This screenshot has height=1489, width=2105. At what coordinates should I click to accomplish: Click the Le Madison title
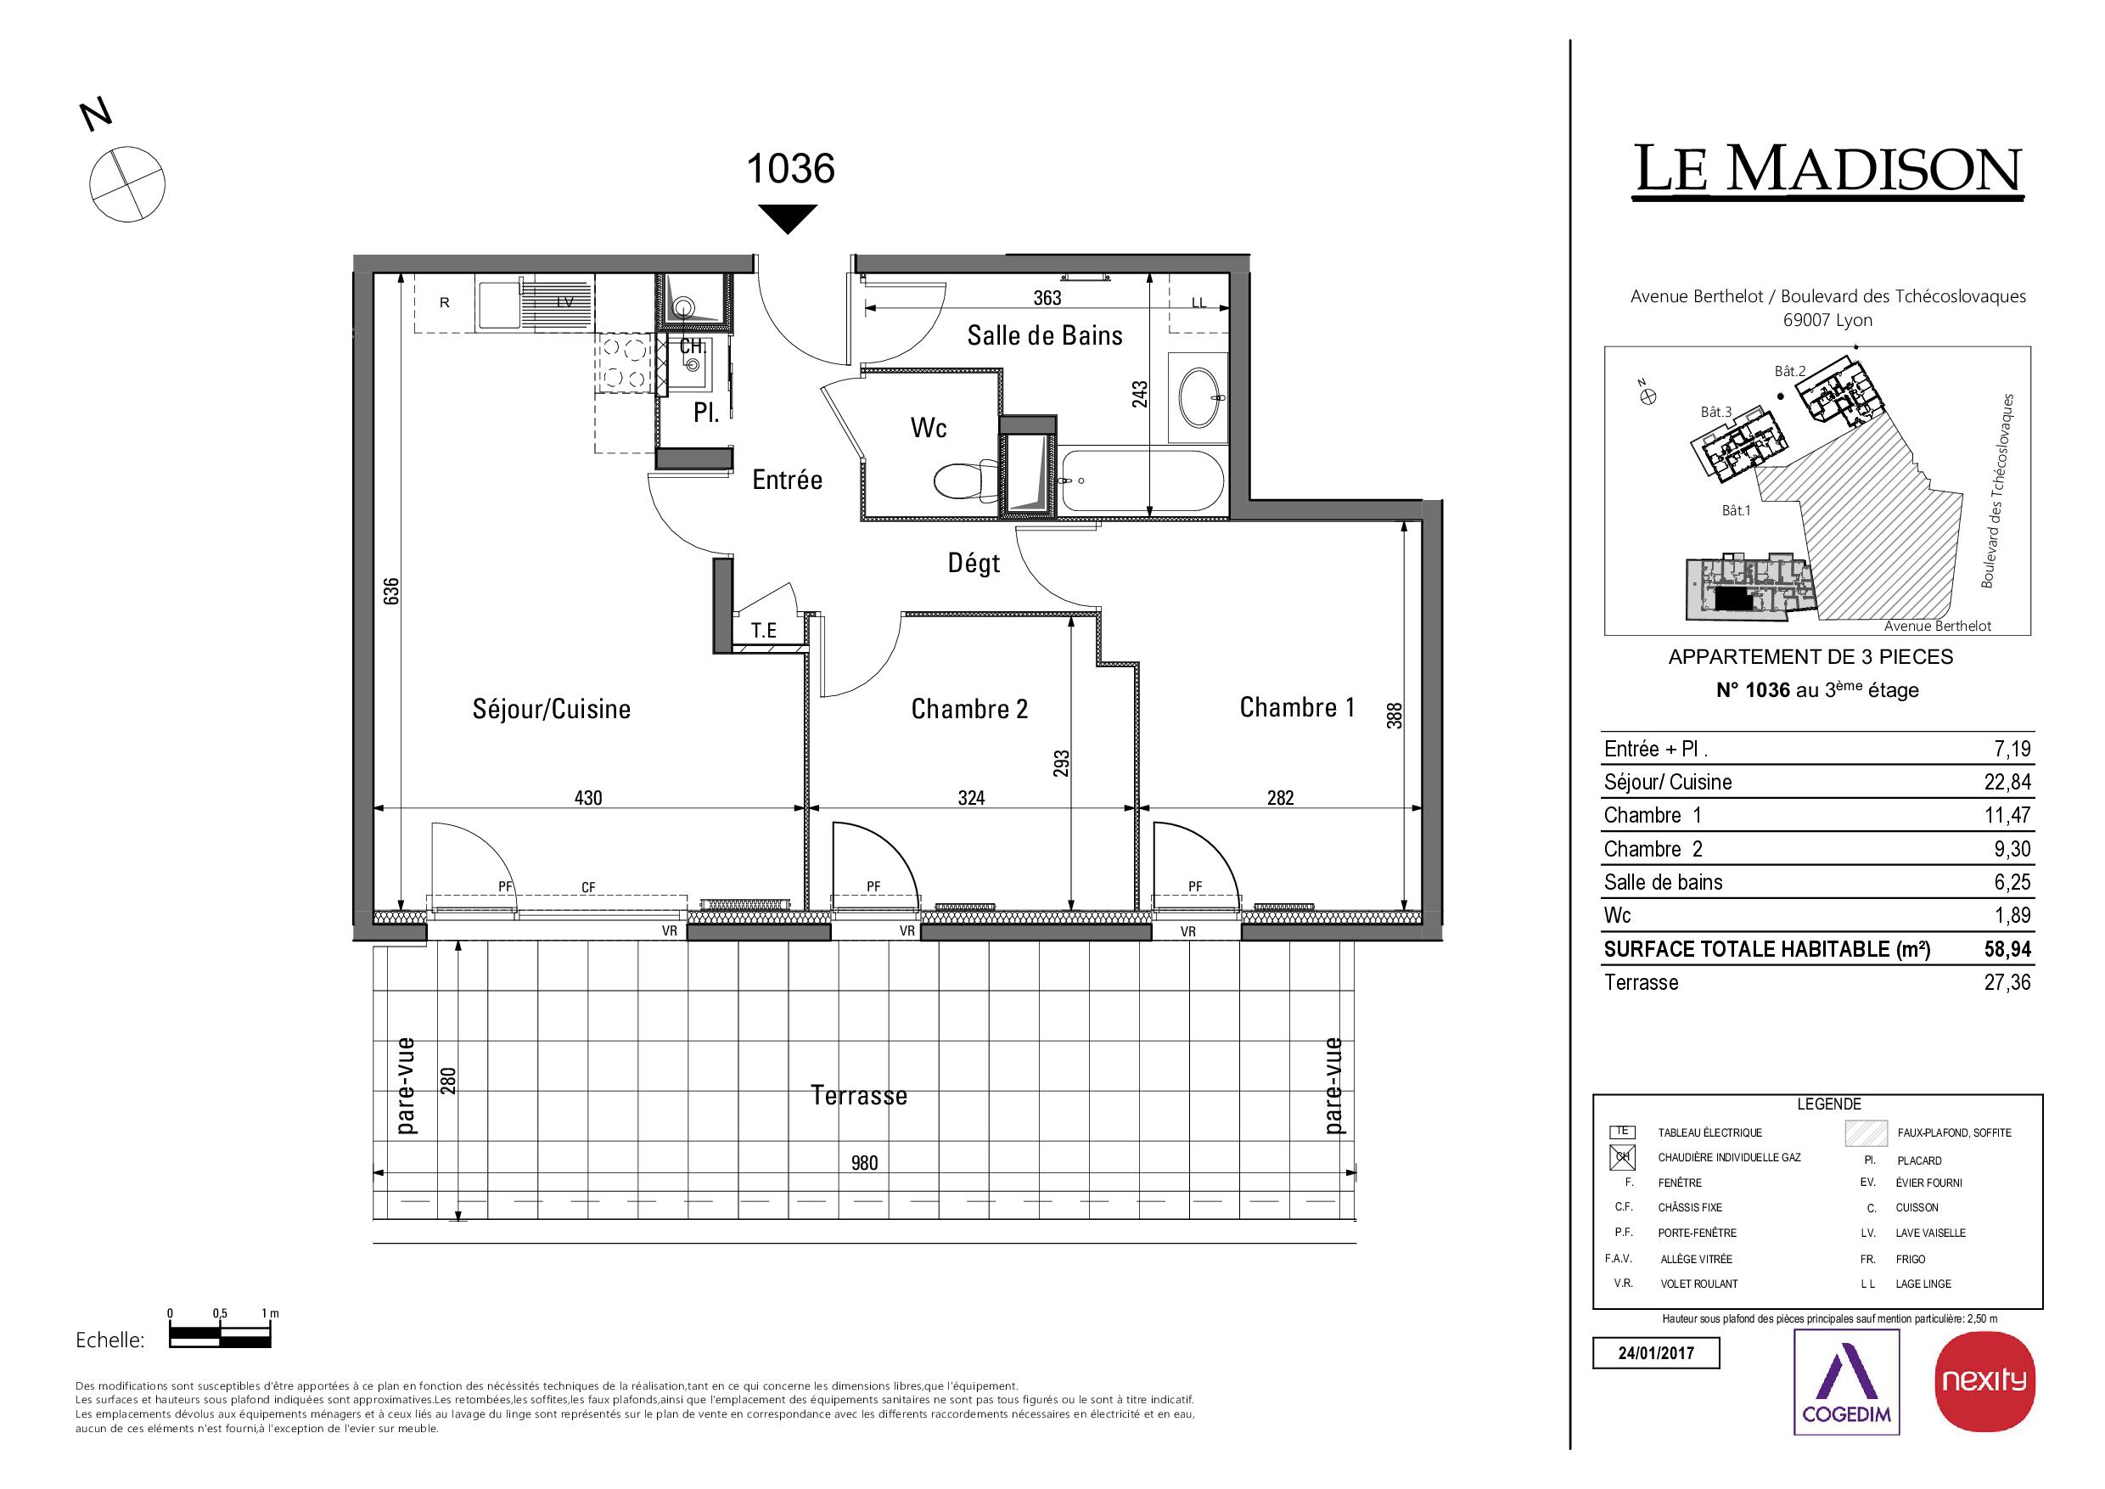coord(1828,170)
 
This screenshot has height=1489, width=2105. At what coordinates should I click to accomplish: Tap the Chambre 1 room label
coord(1296,707)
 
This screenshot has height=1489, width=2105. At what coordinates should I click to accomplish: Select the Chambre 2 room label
coord(969,709)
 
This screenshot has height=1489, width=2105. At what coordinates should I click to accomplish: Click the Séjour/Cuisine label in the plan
coord(551,709)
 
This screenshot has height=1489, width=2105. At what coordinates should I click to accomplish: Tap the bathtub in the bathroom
coord(1141,481)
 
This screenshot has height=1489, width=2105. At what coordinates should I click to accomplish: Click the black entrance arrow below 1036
coord(788,218)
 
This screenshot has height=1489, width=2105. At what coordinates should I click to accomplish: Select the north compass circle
coord(127,183)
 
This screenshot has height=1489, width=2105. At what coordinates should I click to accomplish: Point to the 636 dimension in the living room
coord(391,591)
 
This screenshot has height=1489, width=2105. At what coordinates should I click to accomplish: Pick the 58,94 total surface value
coord(2008,949)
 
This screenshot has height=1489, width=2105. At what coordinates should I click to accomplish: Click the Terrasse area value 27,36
coord(2008,982)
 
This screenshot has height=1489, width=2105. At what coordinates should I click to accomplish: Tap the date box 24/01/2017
coord(1656,1353)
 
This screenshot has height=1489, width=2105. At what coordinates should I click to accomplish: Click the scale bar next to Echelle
coord(220,1339)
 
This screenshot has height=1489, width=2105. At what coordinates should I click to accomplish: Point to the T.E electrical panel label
coord(764,630)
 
